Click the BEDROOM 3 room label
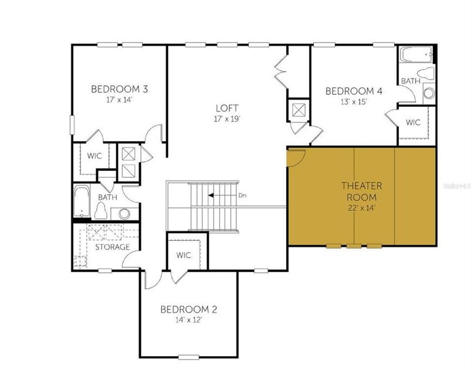pyautogui.click(x=119, y=89)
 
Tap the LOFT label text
pyautogui.click(x=227, y=108)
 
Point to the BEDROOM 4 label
pyautogui.click(x=354, y=91)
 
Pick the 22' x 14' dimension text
pyautogui.click(x=361, y=209)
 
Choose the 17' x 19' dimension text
pyautogui.click(x=227, y=118)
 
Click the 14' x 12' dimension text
pyautogui.click(x=188, y=320)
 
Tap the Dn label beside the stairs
pyautogui.click(x=243, y=196)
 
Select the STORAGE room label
pyautogui.click(x=112, y=247)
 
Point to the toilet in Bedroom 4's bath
pyautogui.click(x=427, y=73)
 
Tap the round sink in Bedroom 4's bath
pyautogui.click(x=429, y=94)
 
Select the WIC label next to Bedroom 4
pyautogui.click(x=413, y=122)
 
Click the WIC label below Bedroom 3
pyautogui.click(x=94, y=156)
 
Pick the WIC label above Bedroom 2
pyautogui.click(x=183, y=255)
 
